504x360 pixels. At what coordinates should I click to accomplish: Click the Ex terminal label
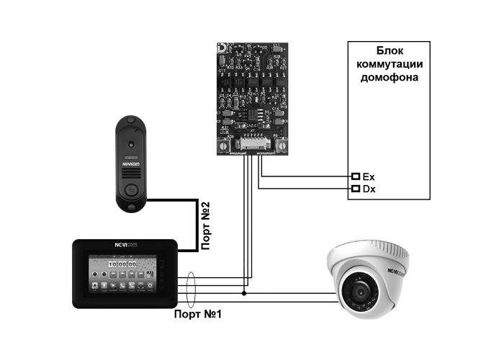(369, 176)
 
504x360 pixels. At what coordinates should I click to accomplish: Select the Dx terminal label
(369, 189)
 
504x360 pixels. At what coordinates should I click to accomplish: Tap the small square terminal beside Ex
(355, 176)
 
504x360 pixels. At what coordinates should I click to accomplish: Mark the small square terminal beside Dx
(355, 189)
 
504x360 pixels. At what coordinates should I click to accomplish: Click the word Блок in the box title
(389, 51)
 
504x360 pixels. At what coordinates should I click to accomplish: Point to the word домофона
(389, 76)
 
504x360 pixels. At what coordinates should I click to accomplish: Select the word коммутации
(389, 63)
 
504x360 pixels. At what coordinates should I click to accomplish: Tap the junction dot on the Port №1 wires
(245, 294)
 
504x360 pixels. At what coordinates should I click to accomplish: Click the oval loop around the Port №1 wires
(191, 289)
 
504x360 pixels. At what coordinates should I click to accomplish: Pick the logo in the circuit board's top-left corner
(222, 48)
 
